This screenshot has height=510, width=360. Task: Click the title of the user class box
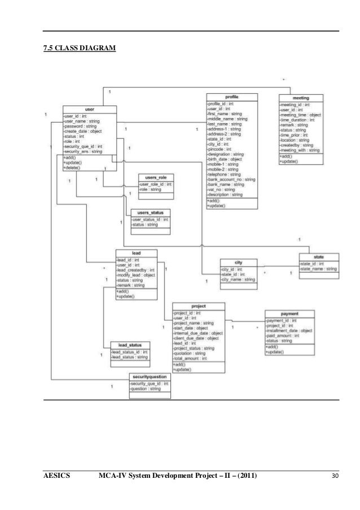pyautogui.click(x=89, y=109)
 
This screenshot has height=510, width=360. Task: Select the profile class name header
pyautogui.click(x=232, y=96)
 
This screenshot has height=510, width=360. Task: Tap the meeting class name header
pyautogui.click(x=301, y=98)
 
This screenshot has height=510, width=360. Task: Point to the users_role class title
pyautogui.click(x=156, y=177)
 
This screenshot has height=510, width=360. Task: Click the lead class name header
pyautogui.click(x=136, y=252)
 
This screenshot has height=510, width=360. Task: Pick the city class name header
pyautogui.click(x=239, y=263)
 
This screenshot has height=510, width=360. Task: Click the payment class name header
pyautogui.click(x=289, y=313)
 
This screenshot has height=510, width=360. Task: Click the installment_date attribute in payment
pyautogui.click(x=289, y=330)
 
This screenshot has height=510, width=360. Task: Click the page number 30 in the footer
pyautogui.click(x=336, y=476)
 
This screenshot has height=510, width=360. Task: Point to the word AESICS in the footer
pyautogui.click(x=57, y=476)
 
